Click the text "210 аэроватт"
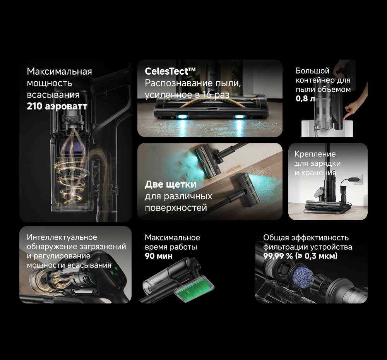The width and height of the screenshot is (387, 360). [57, 106]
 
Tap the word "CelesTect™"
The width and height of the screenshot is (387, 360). [170, 71]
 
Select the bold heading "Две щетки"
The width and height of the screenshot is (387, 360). [171, 184]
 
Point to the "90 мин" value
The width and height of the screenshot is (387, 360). [158, 256]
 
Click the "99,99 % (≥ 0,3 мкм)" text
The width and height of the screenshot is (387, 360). [300, 256]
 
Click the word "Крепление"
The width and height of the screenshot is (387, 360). [315, 154]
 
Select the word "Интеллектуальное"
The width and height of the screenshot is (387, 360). [62, 237]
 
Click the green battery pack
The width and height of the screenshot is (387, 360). [194, 288]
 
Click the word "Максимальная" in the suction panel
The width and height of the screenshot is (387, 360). [59, 72]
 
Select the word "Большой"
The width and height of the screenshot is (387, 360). [312, 71]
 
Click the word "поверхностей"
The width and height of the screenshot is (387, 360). [176, 208]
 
